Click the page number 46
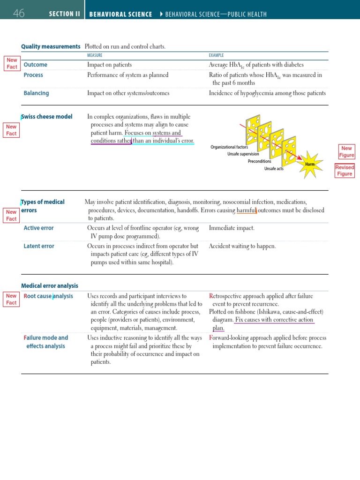coord(19,14)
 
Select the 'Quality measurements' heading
coord(51,46)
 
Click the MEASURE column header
coord(95,55)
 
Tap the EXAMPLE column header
coord(216,55)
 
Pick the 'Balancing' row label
coord(36,93)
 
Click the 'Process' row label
coord(33,75)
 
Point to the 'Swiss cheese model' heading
coord(47,117)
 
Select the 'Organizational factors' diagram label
coord(229,147)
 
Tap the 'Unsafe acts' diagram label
coord(274,169)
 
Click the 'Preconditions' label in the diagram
coord(259,161)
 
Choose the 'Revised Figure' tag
coord(345,171)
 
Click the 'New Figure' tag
coord(346,151)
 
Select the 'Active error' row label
coord(38,228)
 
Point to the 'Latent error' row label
coord(39,246)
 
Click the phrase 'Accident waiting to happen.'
coord(242,246)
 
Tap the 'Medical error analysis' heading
coord(50,285)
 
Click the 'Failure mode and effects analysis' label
coord(46,342)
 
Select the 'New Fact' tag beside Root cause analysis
coord(11,299)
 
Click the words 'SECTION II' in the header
coord(65,14)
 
